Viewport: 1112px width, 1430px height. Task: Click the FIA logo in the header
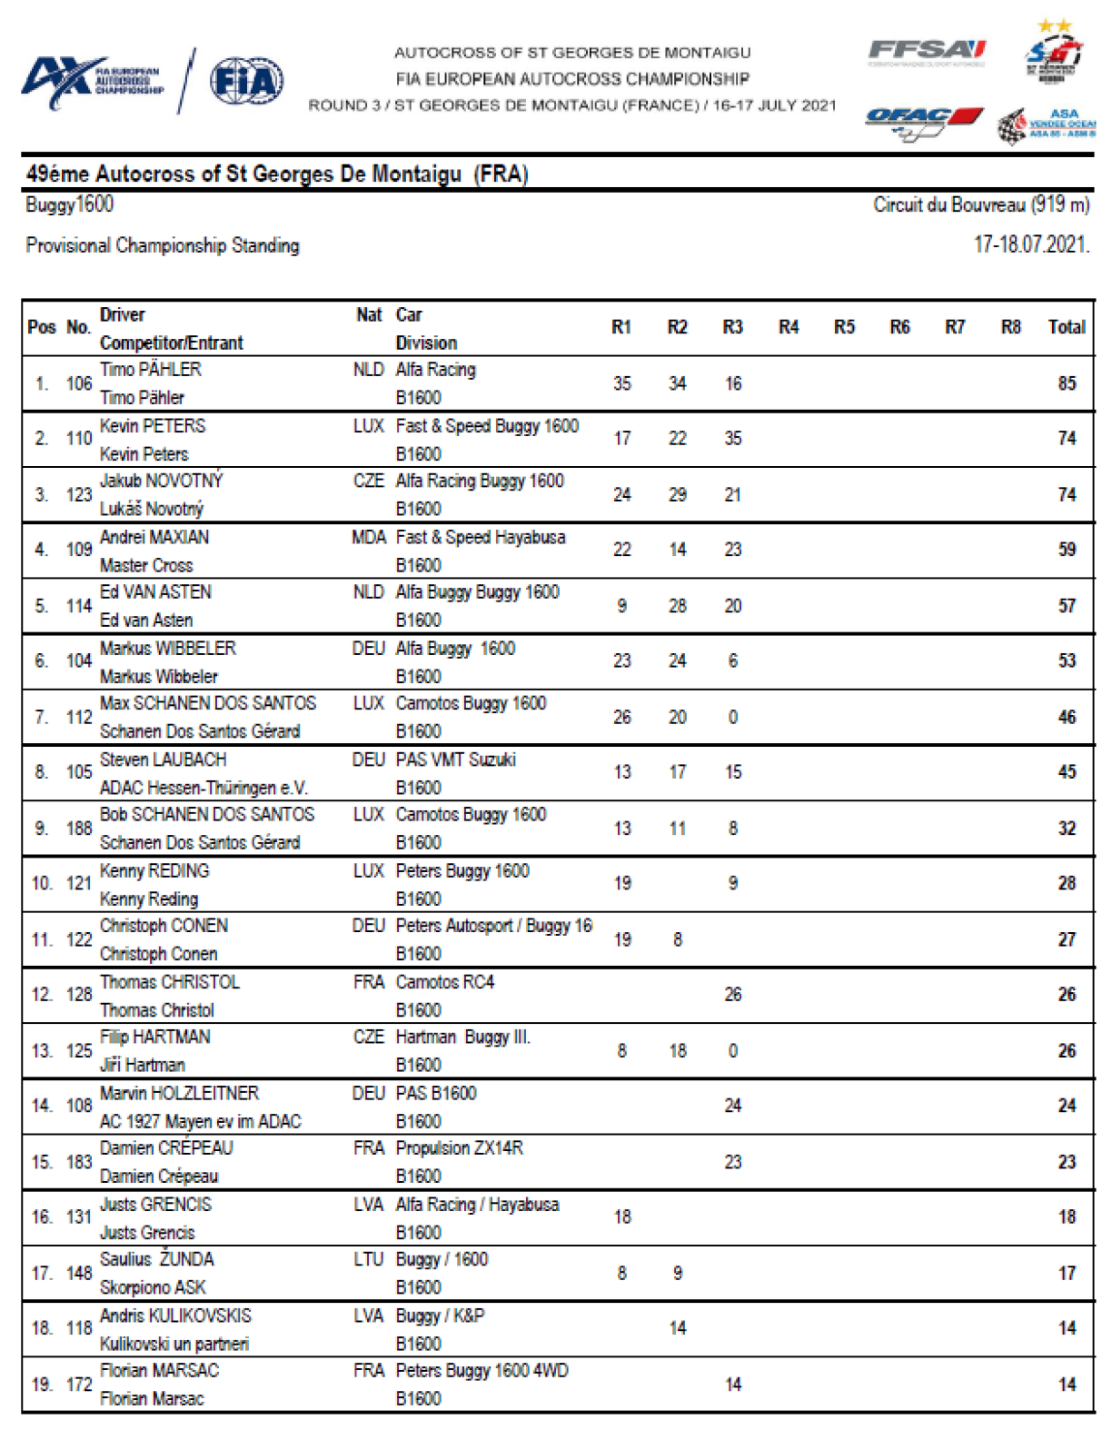point(246,82)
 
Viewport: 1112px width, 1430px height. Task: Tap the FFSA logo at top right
point(926,52)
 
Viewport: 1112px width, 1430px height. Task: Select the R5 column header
point(844,327)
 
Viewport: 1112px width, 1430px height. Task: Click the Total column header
point(1067,327)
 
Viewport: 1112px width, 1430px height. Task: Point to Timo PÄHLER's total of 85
point(1067,383)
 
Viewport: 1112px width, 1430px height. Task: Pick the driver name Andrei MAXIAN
point(154,537)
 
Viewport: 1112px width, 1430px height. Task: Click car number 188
point(79,828)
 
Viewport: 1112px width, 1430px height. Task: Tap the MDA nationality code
point(368,537)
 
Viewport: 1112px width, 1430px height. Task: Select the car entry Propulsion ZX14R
point(460,1147)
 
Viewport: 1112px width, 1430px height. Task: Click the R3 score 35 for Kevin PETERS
point(732,439)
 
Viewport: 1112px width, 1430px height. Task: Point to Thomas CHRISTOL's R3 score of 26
point(732,994)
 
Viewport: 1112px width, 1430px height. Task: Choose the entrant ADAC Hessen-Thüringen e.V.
point(204,788)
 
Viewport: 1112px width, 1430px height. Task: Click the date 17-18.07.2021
point(1030,244)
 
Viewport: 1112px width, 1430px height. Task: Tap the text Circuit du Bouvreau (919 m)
point(981,204)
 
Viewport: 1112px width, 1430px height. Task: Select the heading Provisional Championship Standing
point(163,245)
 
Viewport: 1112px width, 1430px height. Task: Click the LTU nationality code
point(368,1259)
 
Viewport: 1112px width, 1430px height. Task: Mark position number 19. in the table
point(42,1385)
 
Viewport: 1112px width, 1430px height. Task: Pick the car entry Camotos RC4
point(445,982)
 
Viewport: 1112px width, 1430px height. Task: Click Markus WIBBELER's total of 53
point(1067,660)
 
